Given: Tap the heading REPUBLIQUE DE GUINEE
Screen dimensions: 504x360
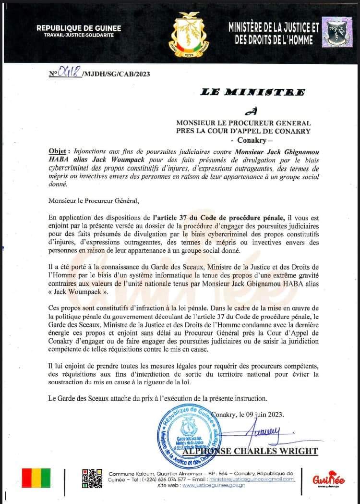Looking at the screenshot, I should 79,28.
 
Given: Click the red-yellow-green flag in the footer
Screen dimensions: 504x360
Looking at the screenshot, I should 36,478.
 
